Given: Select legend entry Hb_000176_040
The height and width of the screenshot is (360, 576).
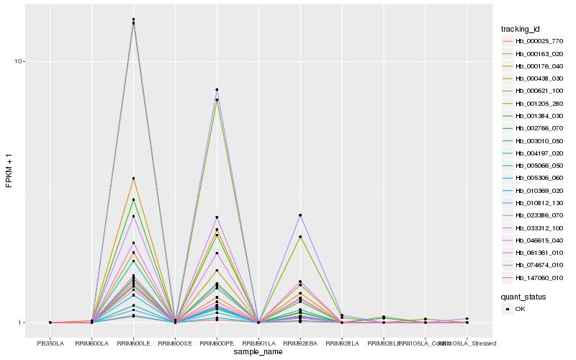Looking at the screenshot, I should tap(534, 66).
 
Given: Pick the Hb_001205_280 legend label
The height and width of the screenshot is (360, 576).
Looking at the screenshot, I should tap(534, 104).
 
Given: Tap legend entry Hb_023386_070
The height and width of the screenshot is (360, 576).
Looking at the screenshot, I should tap(534, 215).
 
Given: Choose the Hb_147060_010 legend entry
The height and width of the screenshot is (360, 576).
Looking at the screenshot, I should tap(534, 276).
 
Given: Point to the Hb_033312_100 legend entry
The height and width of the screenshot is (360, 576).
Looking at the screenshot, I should tap(534, 228).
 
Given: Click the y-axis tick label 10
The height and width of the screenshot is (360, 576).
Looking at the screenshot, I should tap(20, 61).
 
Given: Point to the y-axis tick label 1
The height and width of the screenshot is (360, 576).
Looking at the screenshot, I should tap(22, 323).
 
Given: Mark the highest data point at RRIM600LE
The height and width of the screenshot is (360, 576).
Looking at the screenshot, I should tap(133, 19).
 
